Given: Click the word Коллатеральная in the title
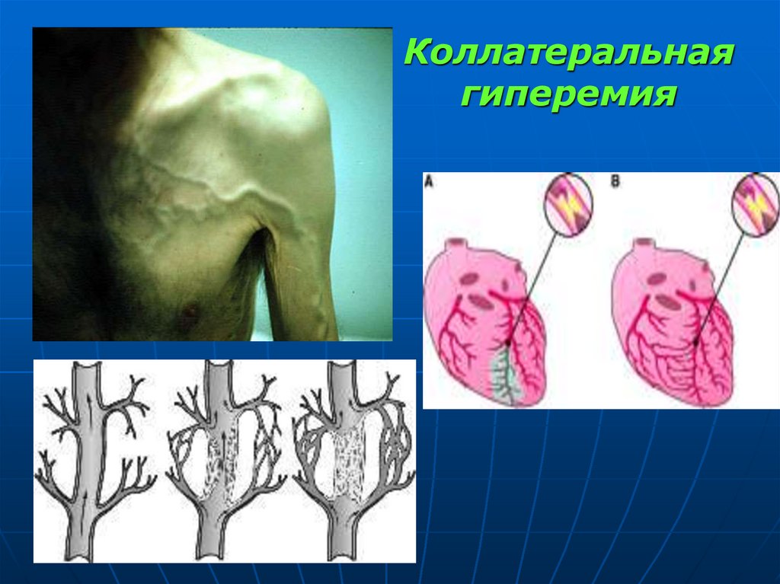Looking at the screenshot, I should coord(569,56).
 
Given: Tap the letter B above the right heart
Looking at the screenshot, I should coord(615,183).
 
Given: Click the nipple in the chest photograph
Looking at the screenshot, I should coord(187,309).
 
